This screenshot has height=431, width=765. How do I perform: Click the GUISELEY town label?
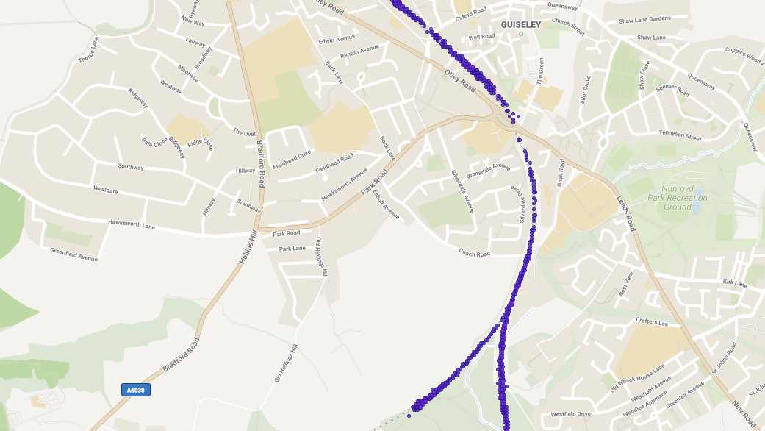coord(520,24)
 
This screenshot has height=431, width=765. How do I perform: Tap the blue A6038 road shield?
coord(135,390)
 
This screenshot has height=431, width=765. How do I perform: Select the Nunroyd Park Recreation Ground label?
coord(678,198)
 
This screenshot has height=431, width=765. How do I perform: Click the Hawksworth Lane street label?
coord(132,223)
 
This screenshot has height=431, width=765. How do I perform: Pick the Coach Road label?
coord(474,254)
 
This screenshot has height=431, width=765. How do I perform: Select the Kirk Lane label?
coord(734,283)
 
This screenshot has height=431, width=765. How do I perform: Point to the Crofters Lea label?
coord(653,323)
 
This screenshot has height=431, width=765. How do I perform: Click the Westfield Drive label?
coord(571,414)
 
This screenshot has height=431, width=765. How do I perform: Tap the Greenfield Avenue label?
coord(73,254)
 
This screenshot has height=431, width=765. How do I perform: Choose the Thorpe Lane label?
coord(87,51)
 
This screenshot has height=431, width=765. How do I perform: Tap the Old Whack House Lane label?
coord(637,377)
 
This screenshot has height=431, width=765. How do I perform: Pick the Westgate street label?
coord(105,190)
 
